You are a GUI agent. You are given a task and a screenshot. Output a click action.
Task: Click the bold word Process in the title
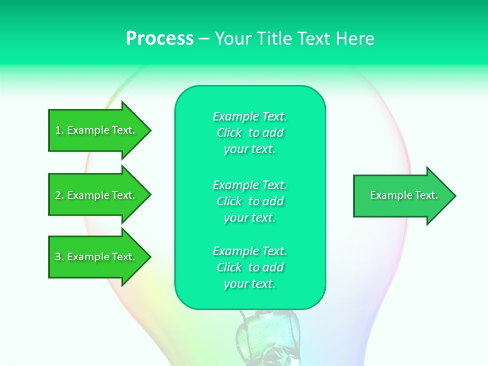tap(160, 39)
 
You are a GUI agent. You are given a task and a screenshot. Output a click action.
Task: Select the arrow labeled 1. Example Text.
tap(97, 130)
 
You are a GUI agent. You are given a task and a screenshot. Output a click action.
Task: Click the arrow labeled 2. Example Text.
tap(97, 195)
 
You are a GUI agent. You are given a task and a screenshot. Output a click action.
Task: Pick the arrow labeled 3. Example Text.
tap(97, 257)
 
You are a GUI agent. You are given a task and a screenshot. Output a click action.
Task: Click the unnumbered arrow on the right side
tap(402, 196)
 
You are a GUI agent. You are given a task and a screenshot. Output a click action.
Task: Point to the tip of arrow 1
tap(149, 130)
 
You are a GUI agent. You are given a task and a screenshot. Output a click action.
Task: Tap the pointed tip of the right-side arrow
tap(454, 196)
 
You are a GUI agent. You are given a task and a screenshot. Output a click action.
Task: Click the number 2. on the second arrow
tap(59, 195)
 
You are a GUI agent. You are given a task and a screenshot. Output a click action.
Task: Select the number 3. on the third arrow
tap(59, 257)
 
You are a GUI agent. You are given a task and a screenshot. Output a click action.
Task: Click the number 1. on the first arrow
tap(59, 130)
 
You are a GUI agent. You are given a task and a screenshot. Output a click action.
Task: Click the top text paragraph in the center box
tap(250, 133)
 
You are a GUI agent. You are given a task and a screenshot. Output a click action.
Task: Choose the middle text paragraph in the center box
tap(250, 201)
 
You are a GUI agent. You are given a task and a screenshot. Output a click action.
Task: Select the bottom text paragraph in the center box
tap(250, 267)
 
